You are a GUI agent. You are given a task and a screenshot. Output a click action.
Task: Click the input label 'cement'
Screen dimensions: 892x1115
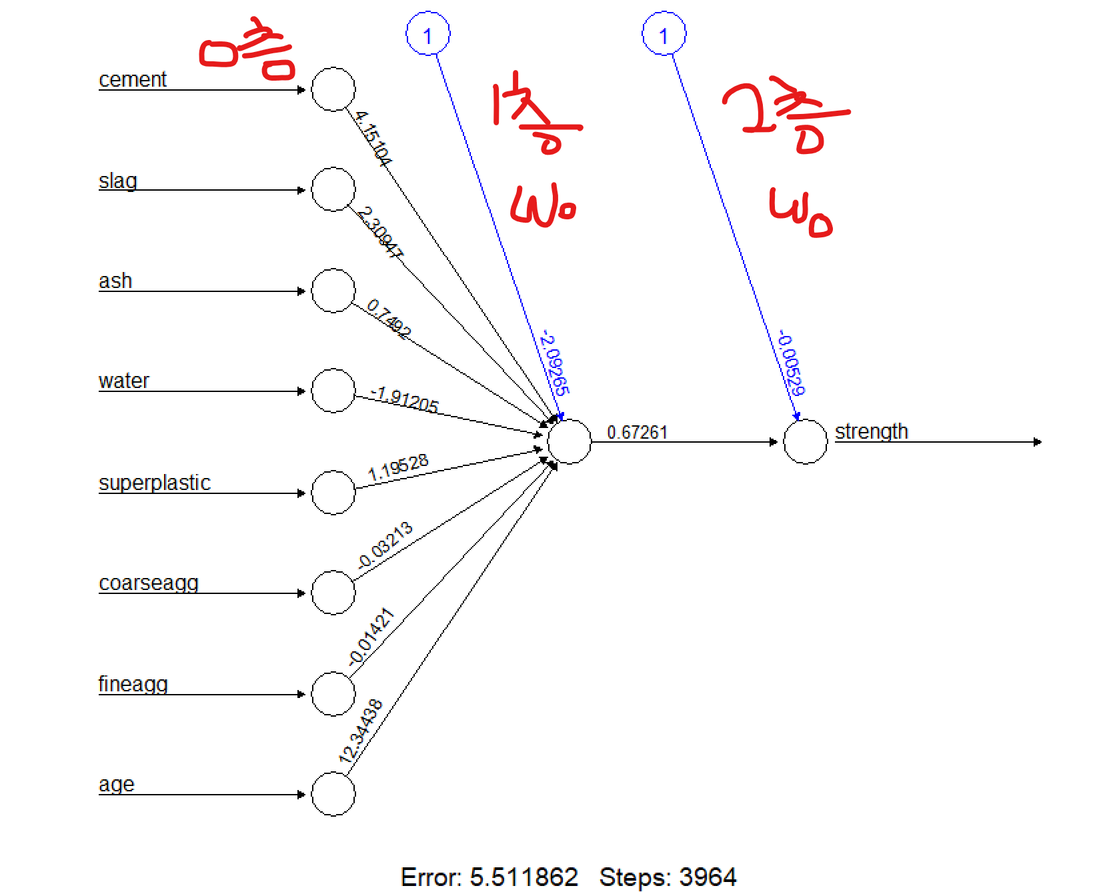point(133,79)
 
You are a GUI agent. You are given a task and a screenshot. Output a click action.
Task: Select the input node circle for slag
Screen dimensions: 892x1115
point(333,189)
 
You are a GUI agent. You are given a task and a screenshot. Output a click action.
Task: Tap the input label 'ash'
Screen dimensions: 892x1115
point(115,281)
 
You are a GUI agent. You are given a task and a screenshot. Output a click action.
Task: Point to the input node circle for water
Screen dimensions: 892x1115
point(333,391)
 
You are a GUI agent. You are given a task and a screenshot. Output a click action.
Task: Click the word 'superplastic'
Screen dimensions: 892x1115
point(155,483)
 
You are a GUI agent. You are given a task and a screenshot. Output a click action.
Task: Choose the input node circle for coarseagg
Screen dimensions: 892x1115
point(333,593)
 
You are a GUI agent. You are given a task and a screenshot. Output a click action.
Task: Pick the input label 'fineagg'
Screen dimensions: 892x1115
point(133,684)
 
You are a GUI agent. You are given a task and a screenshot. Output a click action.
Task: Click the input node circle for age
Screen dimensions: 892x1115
point(333,794)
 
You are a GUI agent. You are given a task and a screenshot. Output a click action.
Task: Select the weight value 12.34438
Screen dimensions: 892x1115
point(361,731)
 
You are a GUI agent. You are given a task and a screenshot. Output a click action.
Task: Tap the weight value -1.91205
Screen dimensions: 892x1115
point(405,399)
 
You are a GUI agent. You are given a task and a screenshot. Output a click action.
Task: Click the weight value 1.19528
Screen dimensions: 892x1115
point(398,468)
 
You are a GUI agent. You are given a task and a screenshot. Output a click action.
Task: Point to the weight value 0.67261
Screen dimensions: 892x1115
point(637,433)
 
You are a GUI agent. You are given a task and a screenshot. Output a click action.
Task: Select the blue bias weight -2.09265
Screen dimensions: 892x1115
point(555,363)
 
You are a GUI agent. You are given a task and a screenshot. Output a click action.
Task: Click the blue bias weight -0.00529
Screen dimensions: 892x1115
point(792,363)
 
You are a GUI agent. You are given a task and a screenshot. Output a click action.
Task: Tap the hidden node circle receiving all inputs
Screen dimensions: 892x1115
point(569,441)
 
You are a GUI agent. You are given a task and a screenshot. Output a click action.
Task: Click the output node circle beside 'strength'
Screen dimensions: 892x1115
point(805,441)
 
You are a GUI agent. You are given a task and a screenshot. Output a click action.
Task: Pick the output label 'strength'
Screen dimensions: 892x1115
point(872,431)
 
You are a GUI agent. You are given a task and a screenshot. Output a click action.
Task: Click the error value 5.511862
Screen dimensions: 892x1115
point(523,877)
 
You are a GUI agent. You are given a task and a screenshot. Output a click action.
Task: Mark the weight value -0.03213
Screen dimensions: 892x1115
point(385,545)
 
